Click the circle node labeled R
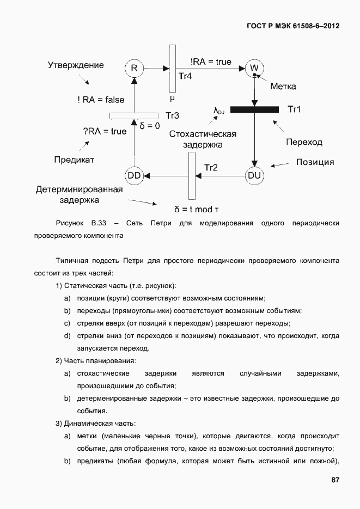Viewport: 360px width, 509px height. pyautogui.click(x=133, y=68)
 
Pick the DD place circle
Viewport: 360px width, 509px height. pyautogui.click(x=133, y=175)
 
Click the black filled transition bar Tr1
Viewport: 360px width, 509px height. pyautogui.click(x=254, y=109)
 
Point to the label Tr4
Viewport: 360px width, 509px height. pyautogui.click(x=186, y=76)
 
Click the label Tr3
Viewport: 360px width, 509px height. pyautogui.click(x=172, y=115)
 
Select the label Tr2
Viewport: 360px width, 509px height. pyautogui.click(x=211, y=168)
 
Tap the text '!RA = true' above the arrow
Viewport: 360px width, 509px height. pyautogui.click(x=211, y=62)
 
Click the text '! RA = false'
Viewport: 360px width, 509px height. pyautogui.click(x=101, y=99)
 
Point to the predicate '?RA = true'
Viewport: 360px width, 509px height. pyautogui.click(x=104, y=131)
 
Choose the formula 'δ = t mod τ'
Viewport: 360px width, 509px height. pyautogui.click(x=197, y=209)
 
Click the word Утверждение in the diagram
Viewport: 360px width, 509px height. pyautogui.click(x=76, y=65)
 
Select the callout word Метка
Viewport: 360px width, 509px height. pyautogui.click(x=283, y=87)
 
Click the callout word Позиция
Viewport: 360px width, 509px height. pyautogui.click(x=315, y=162)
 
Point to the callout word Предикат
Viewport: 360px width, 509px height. pyautogui.click(x=74, y=160)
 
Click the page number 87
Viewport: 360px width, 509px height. pyautogui.click(x=335, y=480)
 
